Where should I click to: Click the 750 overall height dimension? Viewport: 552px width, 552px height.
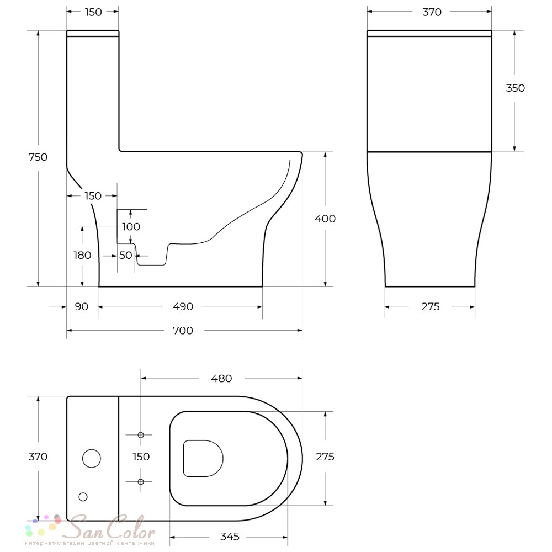point(38,157)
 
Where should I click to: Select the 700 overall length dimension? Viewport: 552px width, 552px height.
point(183,331)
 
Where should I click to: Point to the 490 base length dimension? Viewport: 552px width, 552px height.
point(183,306)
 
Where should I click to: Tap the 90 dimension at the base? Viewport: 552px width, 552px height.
point(81,306)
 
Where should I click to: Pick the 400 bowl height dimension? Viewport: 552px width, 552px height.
point(325,219)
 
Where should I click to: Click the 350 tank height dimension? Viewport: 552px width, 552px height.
point(515,88)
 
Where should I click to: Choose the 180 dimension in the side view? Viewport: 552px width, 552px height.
point(82,255)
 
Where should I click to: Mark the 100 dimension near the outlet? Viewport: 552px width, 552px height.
point(131,227)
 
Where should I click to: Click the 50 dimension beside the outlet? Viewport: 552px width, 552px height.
point(125,255)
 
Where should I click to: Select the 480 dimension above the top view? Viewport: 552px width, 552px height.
point(221,379)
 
